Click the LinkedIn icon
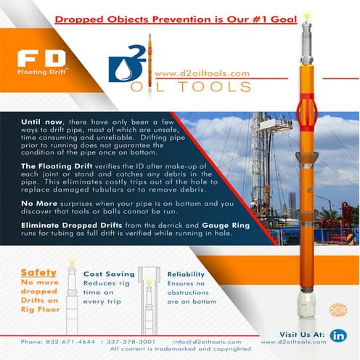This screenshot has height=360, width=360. coord(338,335)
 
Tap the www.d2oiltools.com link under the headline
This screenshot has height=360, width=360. coord(202,73)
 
